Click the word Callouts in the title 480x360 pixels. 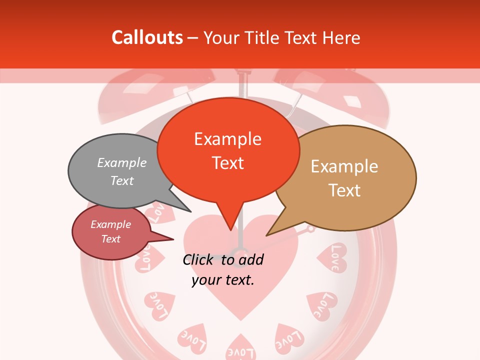coord(147,37)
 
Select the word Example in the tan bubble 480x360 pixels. coord(344,166)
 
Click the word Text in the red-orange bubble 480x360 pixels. coord(228,163)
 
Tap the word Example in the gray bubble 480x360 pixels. coord(122,162)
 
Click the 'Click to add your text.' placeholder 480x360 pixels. coord(223,269)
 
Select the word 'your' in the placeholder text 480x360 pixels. coord(206,280)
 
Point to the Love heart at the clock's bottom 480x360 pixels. coord(240,348)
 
